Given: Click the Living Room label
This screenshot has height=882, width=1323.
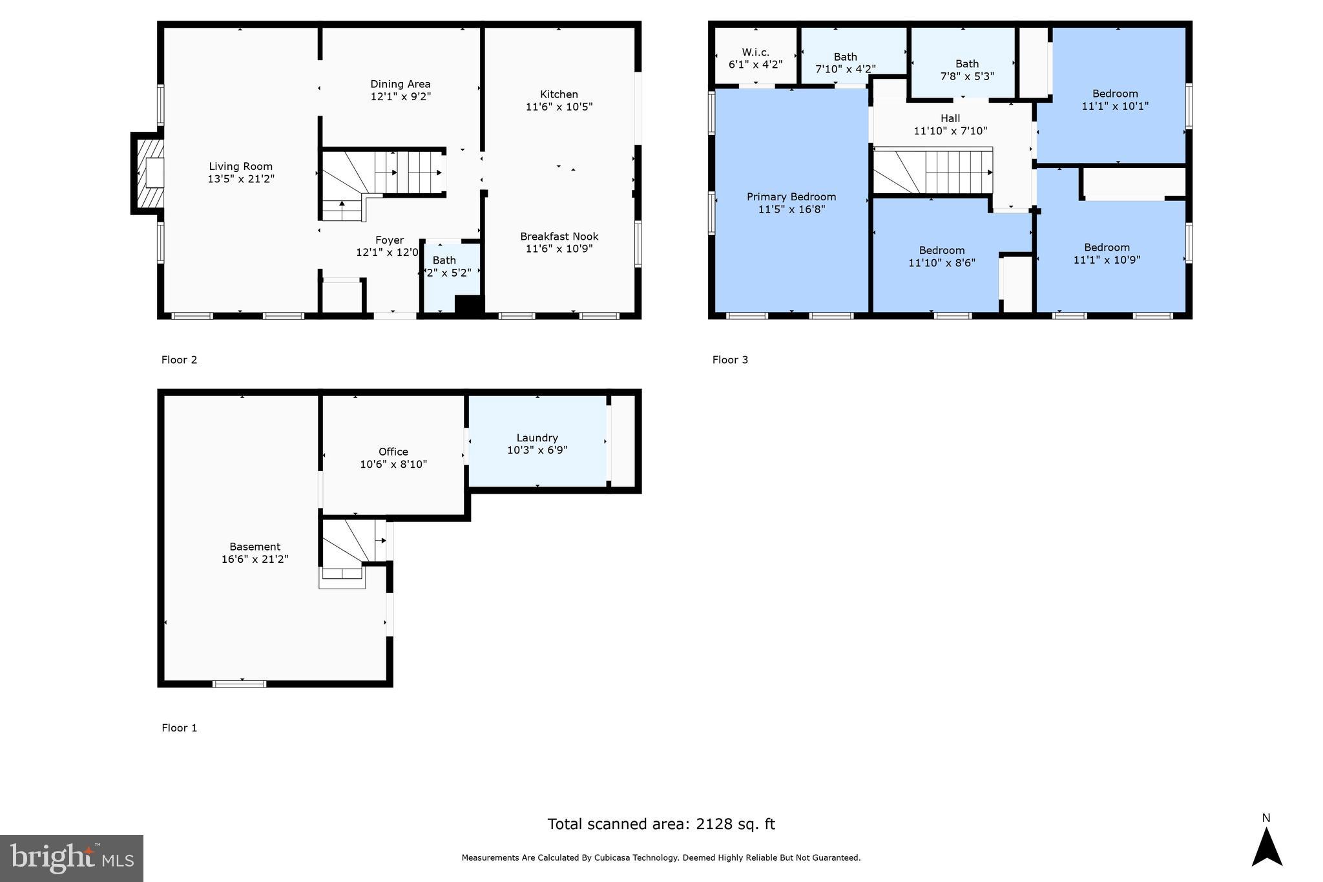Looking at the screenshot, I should coord(240,167).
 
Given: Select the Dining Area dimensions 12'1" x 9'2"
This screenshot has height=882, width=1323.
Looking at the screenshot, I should coord(401,97).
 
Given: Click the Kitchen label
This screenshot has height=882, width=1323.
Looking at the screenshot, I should coord(559,94).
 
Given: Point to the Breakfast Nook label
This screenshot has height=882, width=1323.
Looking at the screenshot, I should coord(559,236).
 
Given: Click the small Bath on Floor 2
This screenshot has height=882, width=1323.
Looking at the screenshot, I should coord(446,266).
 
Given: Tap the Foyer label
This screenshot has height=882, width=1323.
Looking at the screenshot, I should coord(389,240).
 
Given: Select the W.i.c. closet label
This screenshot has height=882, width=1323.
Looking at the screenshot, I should coord(755,52).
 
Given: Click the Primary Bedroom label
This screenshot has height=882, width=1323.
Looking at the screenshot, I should coord(791,197).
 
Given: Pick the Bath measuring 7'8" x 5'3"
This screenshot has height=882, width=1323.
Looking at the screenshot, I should coord(966,70).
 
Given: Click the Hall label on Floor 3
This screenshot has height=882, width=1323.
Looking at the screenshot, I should coord(950,118).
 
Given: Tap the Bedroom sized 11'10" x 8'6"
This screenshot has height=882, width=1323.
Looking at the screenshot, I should coord(941,257).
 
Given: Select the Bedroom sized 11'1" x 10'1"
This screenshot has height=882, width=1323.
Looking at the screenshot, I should coord(1114,100).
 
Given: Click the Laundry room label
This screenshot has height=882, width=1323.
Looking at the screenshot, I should coord(537,438).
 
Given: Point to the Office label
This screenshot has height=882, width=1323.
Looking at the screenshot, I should coord(393,452).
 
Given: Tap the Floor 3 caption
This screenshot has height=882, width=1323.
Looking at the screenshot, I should coord(729,360).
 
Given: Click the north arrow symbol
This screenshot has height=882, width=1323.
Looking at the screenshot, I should coord(1266,847).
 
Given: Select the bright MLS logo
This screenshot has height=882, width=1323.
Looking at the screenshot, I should coord(71,858).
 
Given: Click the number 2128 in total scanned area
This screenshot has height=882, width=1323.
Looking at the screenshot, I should coord(713,824).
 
